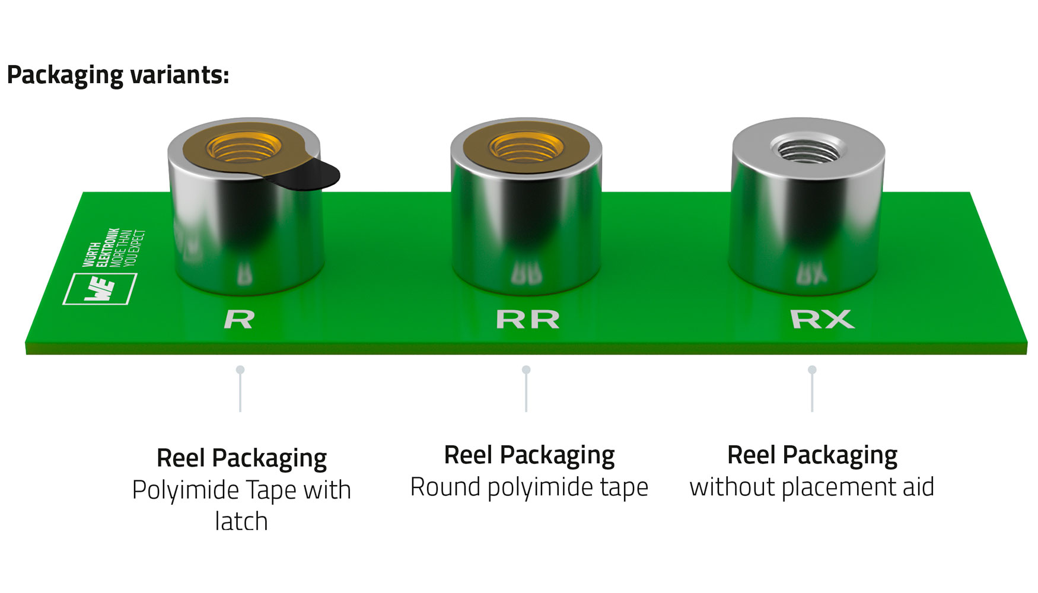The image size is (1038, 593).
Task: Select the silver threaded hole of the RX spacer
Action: (x=808, y=148)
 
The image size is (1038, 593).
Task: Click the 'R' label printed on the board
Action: (x=239, y=320)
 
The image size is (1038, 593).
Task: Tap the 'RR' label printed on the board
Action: (x=527, y=320)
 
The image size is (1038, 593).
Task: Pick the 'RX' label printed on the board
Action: (x=822, y=320)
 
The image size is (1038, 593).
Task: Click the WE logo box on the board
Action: (x=100, y=289)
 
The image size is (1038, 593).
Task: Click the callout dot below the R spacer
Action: (x=240, y=370)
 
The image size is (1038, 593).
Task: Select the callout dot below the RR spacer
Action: (x=526, y=370)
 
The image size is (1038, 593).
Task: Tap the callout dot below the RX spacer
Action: (x=812, y=370)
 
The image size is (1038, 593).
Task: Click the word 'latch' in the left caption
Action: (x=241, y=522)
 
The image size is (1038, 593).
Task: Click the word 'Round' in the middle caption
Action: (x=445, y=487)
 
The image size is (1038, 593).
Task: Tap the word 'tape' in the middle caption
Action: (x=623, y=487)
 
